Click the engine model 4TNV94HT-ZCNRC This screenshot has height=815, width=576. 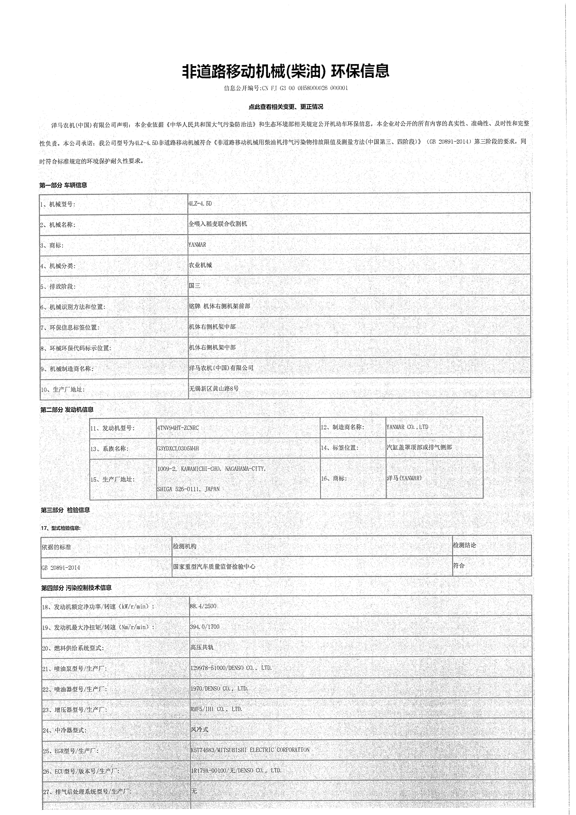(x=178, y=428)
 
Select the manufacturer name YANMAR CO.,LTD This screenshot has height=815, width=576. (x=408, y=427)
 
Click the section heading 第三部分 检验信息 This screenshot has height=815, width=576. (x=65, y=510)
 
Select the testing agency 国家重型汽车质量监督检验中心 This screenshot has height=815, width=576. (x=214, y=567)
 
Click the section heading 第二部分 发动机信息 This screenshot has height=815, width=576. (x=67, y=410)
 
